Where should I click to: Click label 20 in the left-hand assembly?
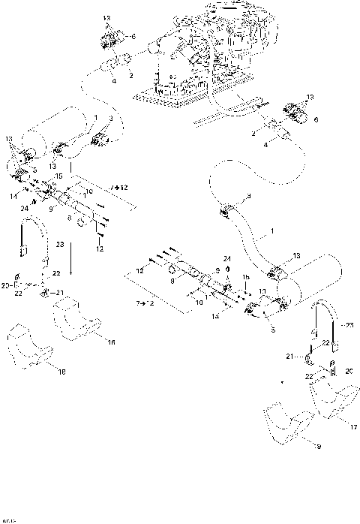pos(7,285)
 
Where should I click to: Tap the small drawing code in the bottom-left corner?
pos(9,518)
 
